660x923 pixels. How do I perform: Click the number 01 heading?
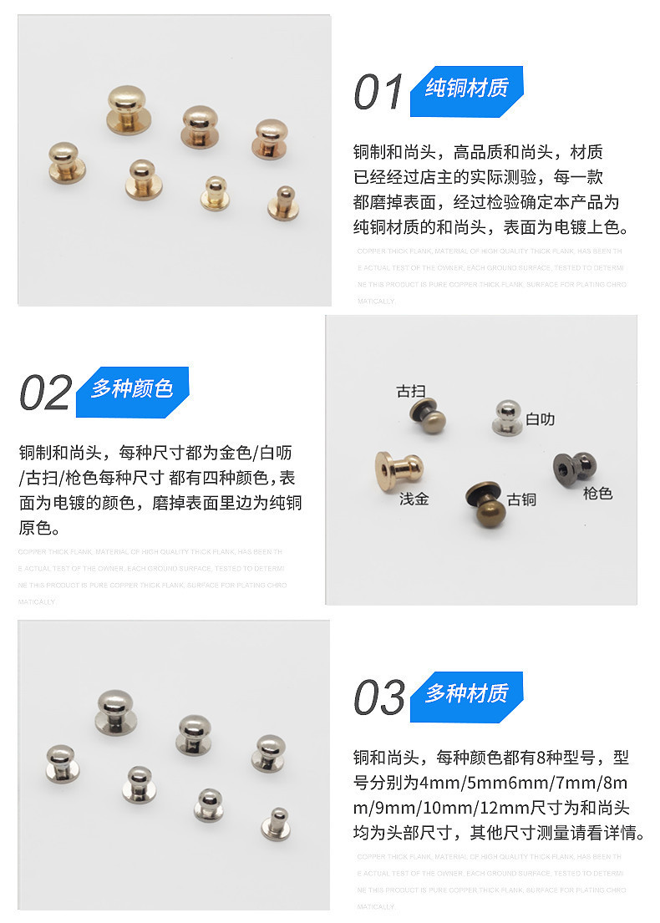378,92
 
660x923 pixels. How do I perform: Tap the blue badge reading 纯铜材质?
466,89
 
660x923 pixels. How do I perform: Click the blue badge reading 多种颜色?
132,389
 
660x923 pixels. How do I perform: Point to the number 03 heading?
378,697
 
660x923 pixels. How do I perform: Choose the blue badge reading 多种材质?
466,693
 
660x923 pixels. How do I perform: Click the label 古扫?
410,391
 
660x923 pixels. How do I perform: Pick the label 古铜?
521,500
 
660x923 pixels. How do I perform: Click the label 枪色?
597,494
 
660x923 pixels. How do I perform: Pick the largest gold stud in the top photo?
129,109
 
